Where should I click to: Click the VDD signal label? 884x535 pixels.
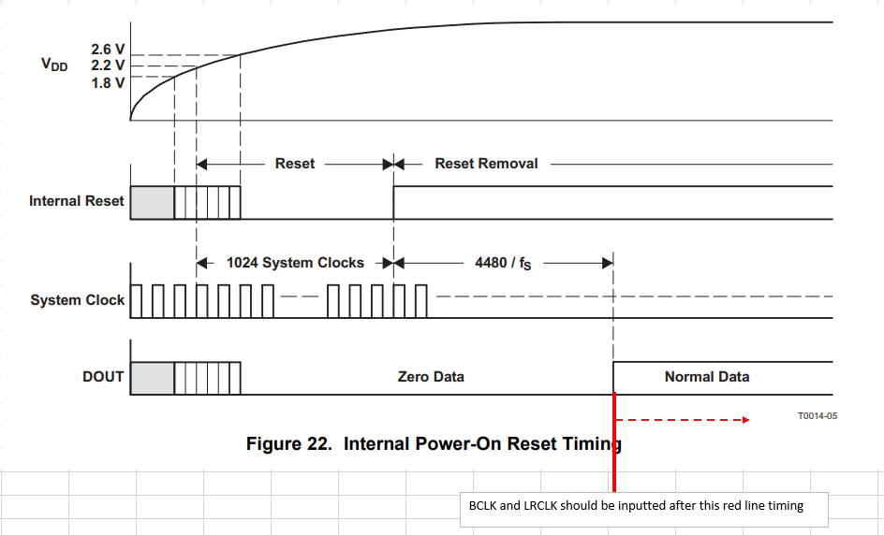[x=54, y=65]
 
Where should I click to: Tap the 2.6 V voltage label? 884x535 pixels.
[x=108, y=49]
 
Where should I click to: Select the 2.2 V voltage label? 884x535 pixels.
[x=108, y=65]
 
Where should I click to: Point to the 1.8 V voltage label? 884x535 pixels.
[x=108, y=83]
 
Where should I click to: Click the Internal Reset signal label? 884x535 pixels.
[x=76, y=201]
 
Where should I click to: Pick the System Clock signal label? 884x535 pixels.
[x=77, y=300]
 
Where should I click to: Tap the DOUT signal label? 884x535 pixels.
[x=103, y=377]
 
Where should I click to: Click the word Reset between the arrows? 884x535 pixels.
[x=295, y=164]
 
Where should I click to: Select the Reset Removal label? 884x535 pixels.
[x=486, y=164]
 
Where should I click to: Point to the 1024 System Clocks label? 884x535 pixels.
[x=295, y=263]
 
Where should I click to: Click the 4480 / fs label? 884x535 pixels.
[x=503, y=263]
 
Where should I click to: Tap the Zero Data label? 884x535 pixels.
[x=431, y=377]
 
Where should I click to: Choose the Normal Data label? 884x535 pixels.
[x=707, y=377]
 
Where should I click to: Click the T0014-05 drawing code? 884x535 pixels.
[x=818, y=415]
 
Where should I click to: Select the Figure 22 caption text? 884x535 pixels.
[x=434, y=443]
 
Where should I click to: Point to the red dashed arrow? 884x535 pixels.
[x=684, y=420]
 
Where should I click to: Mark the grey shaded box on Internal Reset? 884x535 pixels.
[x=153, y=202]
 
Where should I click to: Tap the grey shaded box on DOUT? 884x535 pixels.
[x=153, y=377]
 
